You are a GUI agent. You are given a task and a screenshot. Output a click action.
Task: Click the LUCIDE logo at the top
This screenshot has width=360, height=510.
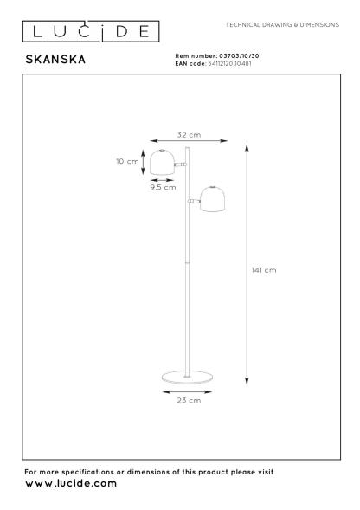point(91,31)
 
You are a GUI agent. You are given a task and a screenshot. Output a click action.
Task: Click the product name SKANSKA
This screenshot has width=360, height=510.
point(55,60)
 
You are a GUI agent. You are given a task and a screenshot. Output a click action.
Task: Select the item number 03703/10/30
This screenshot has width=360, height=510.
point(239,56)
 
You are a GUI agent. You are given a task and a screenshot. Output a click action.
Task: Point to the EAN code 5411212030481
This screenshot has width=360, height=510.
point(229,64)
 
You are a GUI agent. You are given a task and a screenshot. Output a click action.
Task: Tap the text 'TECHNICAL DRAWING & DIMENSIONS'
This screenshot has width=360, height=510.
point(282,25)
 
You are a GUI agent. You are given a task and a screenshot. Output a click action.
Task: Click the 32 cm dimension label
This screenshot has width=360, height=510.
point(189,135)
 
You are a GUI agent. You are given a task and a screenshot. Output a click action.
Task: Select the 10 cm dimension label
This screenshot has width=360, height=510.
point(127,161)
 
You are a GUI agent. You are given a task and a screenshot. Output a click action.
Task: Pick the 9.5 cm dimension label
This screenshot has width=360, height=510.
point(163,187)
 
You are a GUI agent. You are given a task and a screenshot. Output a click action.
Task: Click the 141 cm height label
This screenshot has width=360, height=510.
point(264,270)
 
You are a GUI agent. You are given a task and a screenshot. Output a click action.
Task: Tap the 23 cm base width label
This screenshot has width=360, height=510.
point(189,400)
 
